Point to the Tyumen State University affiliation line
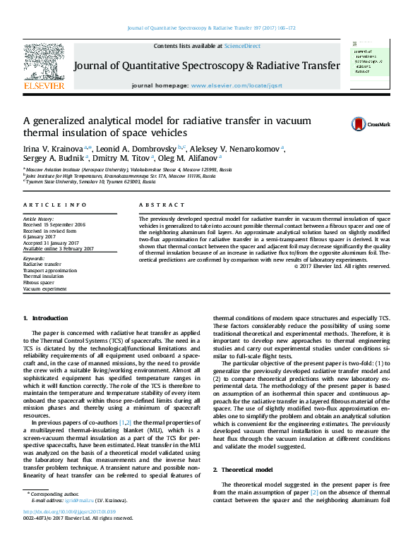click(90, 181)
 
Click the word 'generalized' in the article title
click(64, 121)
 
